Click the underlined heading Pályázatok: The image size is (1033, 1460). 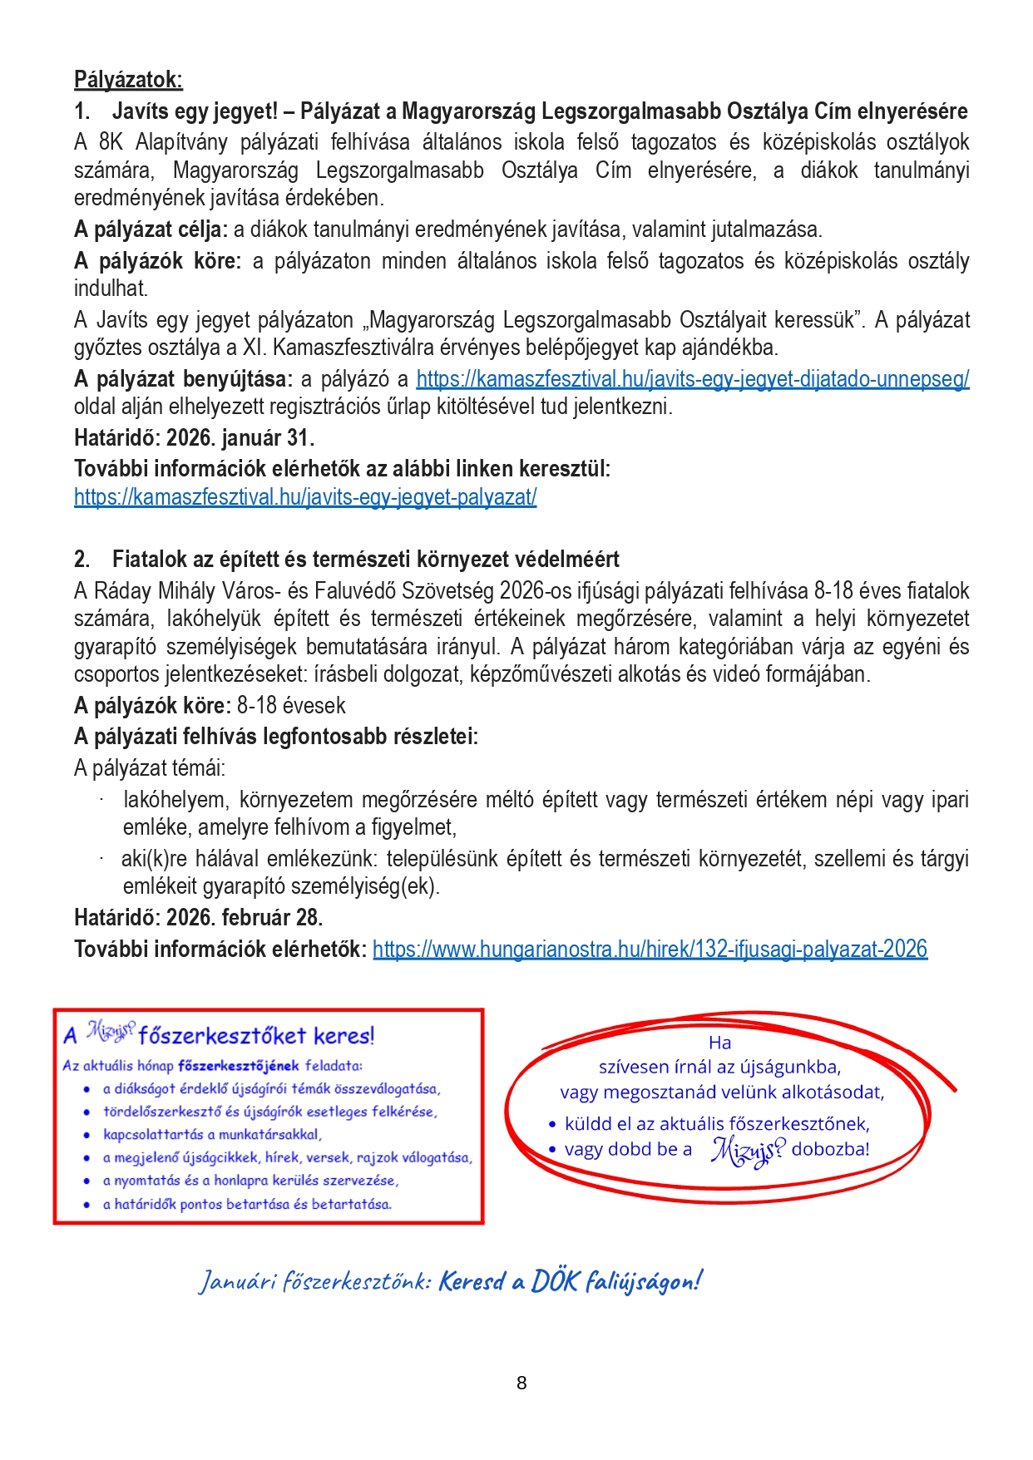coord(128,80)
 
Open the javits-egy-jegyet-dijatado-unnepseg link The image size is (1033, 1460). coord(692,379)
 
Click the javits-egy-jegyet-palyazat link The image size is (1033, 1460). coord(305,497)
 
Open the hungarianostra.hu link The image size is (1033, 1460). coord(650,949)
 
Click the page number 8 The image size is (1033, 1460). coord(521,1383)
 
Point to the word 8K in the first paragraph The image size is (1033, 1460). coord(111,142)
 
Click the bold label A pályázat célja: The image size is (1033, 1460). coord(151,229)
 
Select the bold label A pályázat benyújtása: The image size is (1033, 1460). coord(183,379)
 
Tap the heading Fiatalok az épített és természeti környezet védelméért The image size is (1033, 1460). coord(366,560)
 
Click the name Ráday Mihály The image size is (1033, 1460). coord(156,591)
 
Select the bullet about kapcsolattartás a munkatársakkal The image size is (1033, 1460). coord(212,1134)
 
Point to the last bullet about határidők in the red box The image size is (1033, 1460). coord(247,1204)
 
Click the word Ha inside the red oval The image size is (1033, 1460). coord(719,1043)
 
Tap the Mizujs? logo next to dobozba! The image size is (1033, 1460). coord(747,1150)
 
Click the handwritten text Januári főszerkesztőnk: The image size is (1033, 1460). coord(314,1281)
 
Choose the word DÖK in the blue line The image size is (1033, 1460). coord(554,1281)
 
